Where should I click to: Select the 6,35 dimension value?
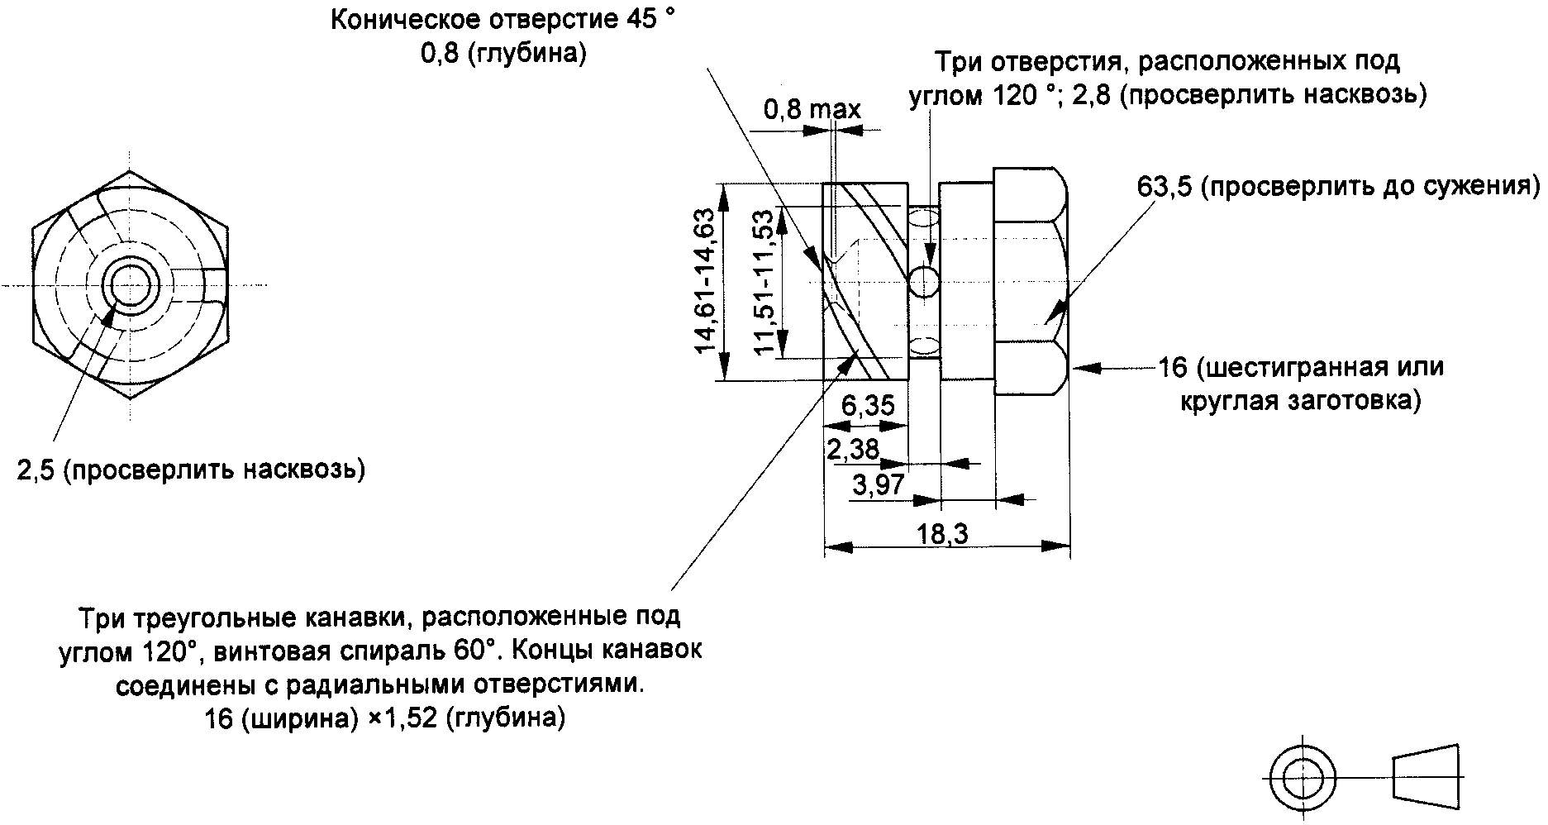coord(868,406)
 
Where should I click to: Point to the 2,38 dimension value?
coord(853,449)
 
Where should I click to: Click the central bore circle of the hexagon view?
coord(130,286)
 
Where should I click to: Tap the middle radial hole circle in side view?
coord(923,281)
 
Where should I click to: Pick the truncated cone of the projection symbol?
coord(1427,778)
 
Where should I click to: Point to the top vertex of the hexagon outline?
coord(130,171)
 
